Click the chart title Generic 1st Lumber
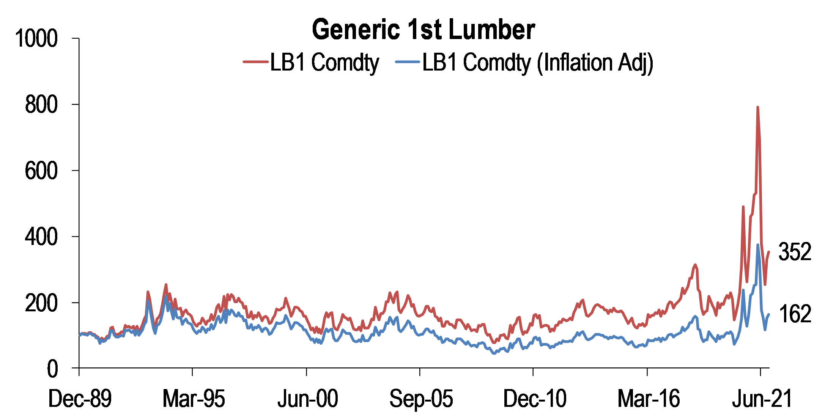click(x=423, y=30)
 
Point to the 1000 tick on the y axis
click(x=36, y=39)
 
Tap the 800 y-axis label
click(x=41, y=105)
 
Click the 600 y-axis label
click(x=41, y=171)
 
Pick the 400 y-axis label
click(x=41, y=237)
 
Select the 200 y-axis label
click(x=41, y=303)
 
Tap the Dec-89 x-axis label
click(x=80, y=399)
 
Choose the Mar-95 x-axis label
click(x=194, y=399)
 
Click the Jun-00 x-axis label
click(x=307, y=399)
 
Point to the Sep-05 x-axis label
click(x=421, y=399)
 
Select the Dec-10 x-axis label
click(x=534, y=399)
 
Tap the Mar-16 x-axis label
click(x=648, y=399)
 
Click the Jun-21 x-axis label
click(x=762, y=399)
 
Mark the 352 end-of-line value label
click(x=794, y=252)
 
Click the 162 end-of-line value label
click(x=794, y=314)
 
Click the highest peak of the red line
click(x=757, y=107)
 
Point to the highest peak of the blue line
click(x=758, y=245)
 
